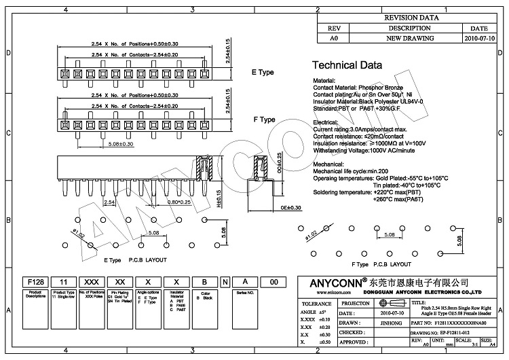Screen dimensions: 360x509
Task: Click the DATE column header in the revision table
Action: coord(479,29)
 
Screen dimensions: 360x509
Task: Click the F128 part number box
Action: coord(35,281)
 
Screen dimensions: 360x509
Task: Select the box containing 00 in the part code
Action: coord(274,281)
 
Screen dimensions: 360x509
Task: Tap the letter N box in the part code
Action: coord(225,281)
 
